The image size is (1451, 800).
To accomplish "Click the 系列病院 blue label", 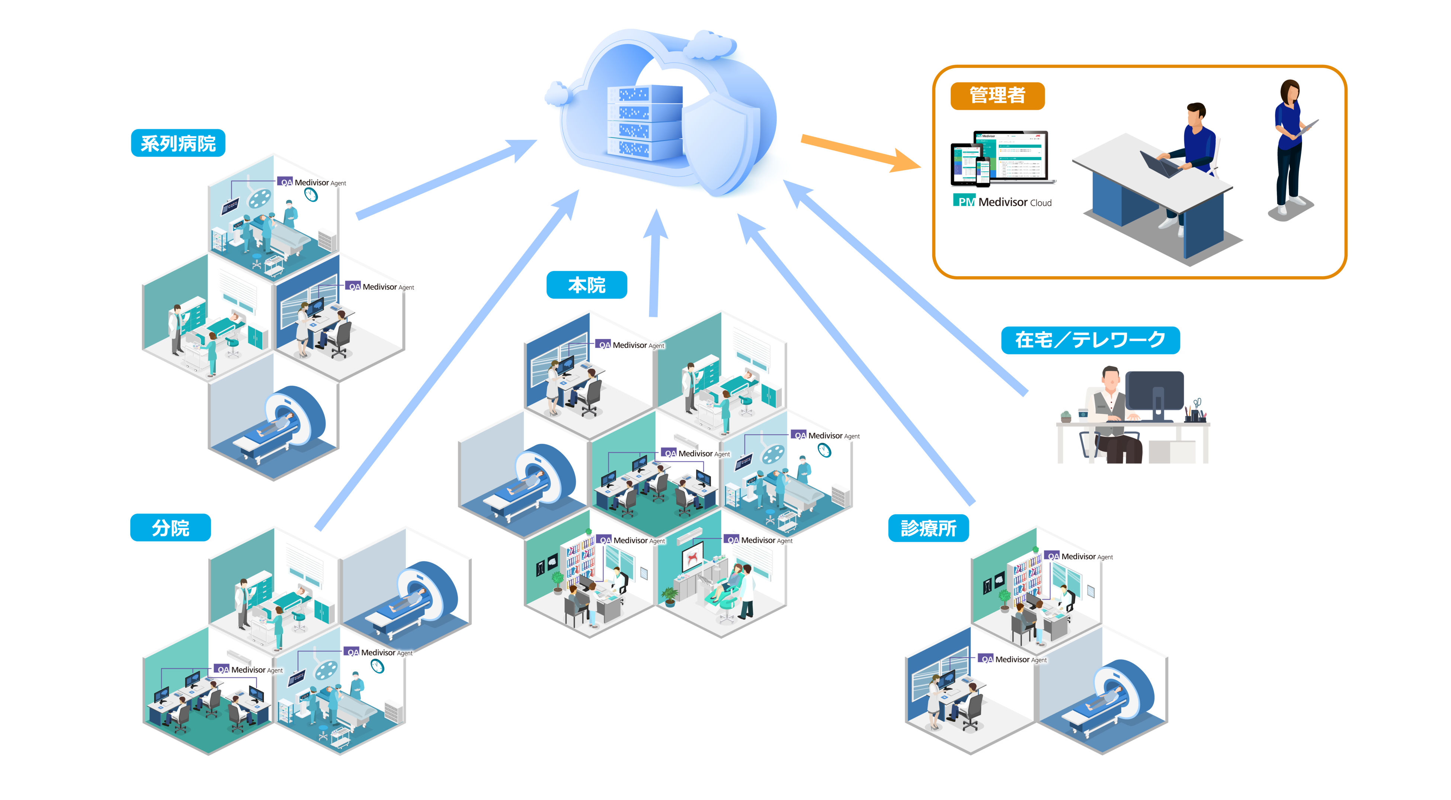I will click(178, 143).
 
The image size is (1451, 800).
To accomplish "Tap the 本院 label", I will click(586, 285).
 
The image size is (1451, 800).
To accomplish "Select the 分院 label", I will click(170, 528).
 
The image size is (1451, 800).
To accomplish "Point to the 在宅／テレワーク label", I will click(1090, 340).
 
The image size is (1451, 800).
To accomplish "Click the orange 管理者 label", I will click(997, 96).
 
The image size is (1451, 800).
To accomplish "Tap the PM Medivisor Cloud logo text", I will click(1003, 201).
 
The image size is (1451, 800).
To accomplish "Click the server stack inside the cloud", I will click(642, 121).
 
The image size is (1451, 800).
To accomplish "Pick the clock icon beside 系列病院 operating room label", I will click(311, 195).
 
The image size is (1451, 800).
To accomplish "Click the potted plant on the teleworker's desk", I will click(1066, 417).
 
